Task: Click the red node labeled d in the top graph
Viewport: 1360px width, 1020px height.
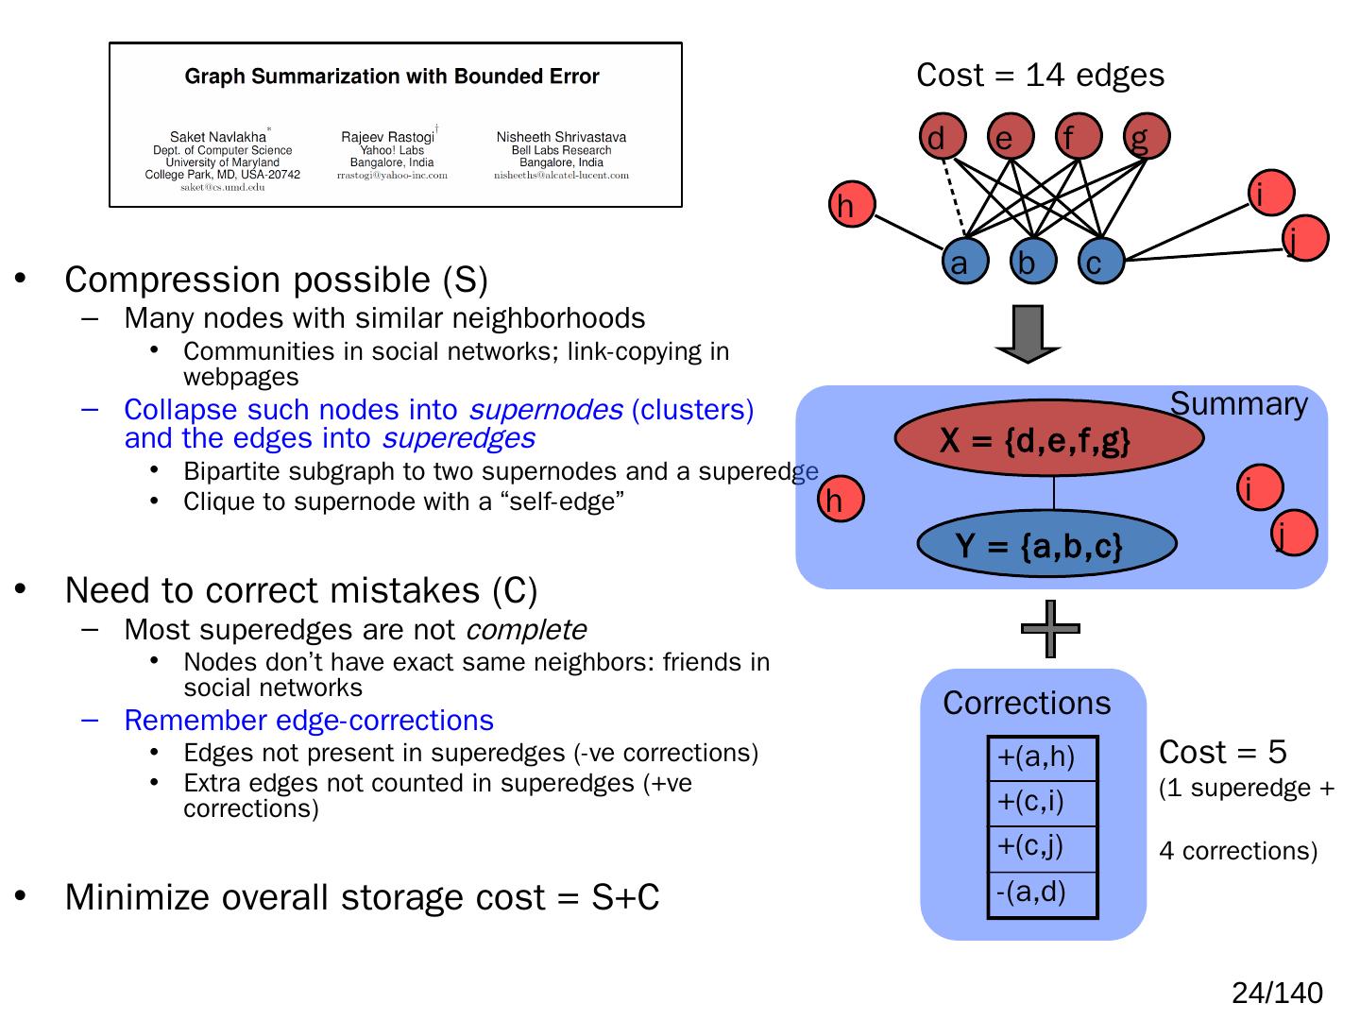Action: coord(942,138)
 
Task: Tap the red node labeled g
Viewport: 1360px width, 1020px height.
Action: coord(1146,138)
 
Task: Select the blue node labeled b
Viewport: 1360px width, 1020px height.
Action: coord(1032,262)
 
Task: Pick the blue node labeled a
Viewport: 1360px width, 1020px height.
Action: coord(964,262)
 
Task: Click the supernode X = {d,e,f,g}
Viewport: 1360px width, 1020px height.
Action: coord(1048,439)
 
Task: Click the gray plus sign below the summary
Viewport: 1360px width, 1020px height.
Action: coord(1050,629)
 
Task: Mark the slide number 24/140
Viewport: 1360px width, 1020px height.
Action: coord(1277,993)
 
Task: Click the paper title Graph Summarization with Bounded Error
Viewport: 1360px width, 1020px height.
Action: coord(392,76)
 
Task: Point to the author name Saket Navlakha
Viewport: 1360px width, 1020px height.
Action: coord(218,137)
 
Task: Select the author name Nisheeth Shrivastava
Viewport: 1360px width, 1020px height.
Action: coord(561,137)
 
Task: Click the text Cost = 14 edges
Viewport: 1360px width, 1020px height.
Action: coord(1040,76)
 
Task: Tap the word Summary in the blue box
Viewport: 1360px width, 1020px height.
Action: coord(1238,404)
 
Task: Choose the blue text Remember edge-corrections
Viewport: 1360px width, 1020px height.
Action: coord(309,721)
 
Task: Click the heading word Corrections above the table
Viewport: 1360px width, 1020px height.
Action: coord(1027,704)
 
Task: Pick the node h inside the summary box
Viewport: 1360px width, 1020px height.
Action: coord(841,499)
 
